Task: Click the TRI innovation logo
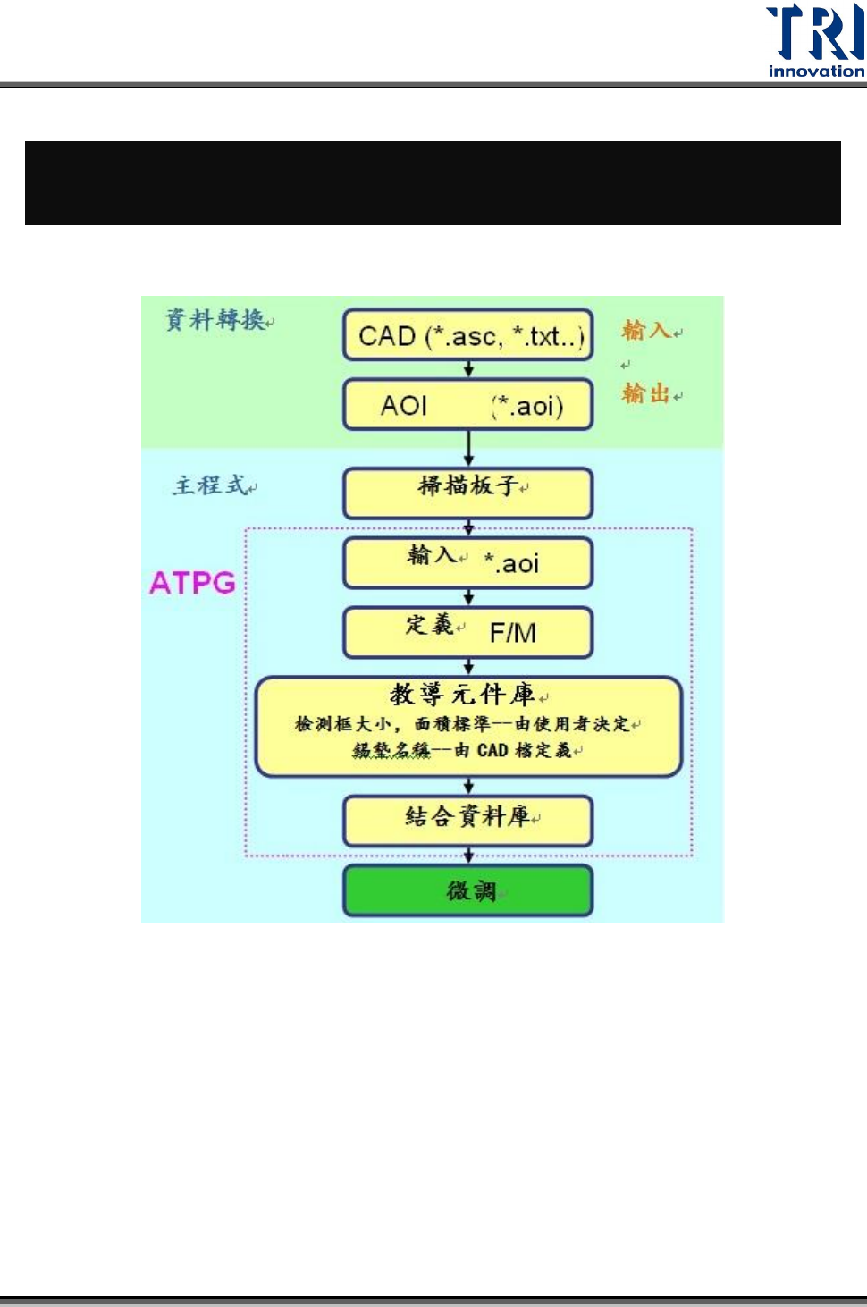coord(815,40)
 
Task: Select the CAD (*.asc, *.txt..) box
coord(468,336)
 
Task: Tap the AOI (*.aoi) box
coord(468,405)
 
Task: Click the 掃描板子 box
coord(468,490)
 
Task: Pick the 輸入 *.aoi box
coord(468,562)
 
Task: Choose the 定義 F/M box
coord(468,631)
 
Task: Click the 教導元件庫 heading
coord(463,695)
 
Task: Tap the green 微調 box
coord(468,890)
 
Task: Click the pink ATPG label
coord(192,583)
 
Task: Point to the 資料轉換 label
coord(215,319)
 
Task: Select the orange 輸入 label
coord(646,330)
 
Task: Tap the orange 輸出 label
coord(646,393)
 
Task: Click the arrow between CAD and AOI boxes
coord(468,369)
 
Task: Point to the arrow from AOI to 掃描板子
coord(468,448)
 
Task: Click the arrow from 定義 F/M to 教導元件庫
coord(468,667)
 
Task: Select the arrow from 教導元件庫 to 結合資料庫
coord(468,786)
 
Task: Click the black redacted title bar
coord(433,182)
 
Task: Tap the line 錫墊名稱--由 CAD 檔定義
coord(463,751)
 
